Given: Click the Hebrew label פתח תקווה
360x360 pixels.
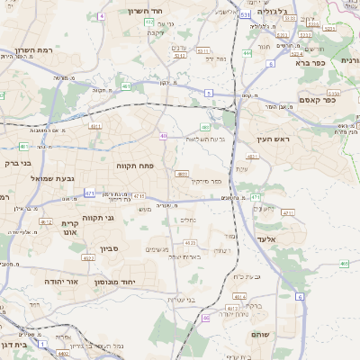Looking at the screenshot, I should (x=136, y=166).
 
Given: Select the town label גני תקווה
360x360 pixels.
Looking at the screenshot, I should (x=97, y=218).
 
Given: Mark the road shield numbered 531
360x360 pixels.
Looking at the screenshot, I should (x=247, y=15).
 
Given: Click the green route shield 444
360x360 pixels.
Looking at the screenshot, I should (x=247, y=53).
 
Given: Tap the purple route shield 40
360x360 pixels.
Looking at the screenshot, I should (x=164, y=136).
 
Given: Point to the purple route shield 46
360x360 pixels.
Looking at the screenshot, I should (x=206, y=317).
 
